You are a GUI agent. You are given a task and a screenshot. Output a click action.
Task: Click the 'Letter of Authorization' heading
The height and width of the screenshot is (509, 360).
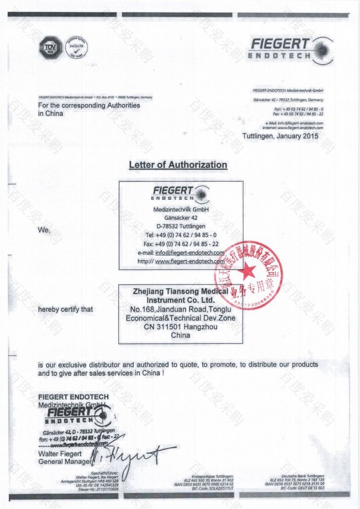point(178,165)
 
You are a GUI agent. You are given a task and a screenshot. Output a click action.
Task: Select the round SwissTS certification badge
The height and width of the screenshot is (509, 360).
point(75,47)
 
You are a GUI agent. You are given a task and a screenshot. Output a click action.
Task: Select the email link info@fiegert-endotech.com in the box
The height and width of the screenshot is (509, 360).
point(190,253)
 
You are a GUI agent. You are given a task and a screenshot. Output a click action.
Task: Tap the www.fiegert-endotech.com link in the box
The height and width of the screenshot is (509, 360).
point(190,261)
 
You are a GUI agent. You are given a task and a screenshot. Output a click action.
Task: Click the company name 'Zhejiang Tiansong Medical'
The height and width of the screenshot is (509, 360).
point(180,291)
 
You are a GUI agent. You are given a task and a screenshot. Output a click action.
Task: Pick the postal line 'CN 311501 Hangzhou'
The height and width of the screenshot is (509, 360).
point(180,327)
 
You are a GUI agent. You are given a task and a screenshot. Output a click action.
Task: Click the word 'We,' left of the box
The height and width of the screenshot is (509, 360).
point(44,230)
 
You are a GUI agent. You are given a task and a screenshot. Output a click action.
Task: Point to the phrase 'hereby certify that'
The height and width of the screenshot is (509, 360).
point(66,309)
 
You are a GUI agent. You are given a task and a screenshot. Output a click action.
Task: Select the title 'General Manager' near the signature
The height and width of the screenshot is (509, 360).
point(64,461)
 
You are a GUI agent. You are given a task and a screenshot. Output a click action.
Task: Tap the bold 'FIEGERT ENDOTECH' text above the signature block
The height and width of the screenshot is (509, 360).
point(73,397)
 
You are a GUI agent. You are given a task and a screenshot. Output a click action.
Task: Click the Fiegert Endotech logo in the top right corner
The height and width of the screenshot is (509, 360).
point(290,50)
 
